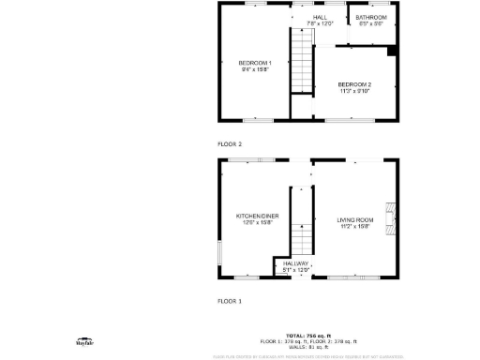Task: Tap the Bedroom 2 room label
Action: pos(355,84)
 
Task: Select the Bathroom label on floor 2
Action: pos(372,17)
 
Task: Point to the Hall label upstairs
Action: pos(321,17)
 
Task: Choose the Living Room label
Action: pos(355,219)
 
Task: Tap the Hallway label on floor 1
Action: pos(296,263)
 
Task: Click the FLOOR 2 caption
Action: pos(230,144)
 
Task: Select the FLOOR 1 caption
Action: pos(230,301)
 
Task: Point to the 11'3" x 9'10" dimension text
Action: pos(355,91)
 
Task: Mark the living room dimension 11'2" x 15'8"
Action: pos(355,226)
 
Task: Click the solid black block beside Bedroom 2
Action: pos(392,51)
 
